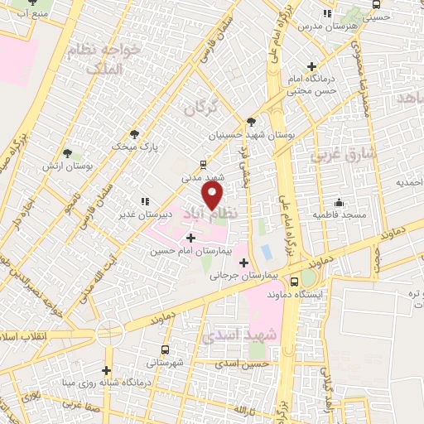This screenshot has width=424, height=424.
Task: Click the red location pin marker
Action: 213,195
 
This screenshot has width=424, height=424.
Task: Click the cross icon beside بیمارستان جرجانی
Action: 243,263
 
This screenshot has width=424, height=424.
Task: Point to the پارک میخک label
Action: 136,145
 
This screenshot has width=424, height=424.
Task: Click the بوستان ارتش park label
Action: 68,166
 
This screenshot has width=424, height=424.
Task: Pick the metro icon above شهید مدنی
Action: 204,165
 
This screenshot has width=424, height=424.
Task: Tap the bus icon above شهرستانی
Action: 166,350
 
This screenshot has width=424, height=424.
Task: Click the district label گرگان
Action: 200,108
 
